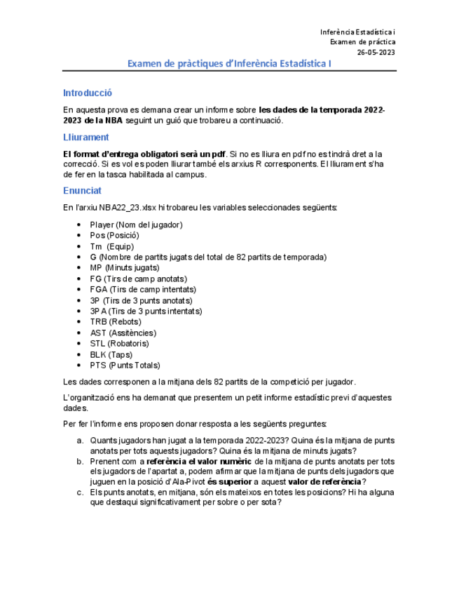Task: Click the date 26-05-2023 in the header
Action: click(x=376, y=52)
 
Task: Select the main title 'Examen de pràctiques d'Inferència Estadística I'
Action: click(x=229, y=64)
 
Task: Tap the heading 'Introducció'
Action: click(x=88, y=93)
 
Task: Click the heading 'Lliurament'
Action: click(x=85, y=138)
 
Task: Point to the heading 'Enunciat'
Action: click(x=82, y=190)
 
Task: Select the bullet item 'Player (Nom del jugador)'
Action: click(x=136, y=225)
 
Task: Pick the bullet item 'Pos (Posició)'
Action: click(x=114, y=236)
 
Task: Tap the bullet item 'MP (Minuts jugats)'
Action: click(x=124, y=268)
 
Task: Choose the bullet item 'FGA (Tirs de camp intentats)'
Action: click(x=143, y=289)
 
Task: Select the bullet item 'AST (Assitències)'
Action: click(x=123, y=333)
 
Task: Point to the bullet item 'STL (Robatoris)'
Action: click(x=119, y=344)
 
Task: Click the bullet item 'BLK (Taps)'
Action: click(x=111, y=354)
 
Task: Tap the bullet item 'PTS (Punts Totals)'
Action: click(x=125, y=366)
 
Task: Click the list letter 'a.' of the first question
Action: click(x=81, y=441)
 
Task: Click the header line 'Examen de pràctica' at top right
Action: click(x=362, y=42)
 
